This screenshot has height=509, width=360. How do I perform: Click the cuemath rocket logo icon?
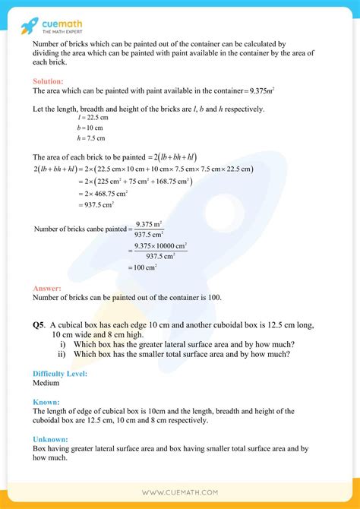click(x=29, y=24)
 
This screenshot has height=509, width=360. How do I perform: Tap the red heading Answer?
click(x=46, y=288)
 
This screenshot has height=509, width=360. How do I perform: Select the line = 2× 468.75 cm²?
click(x=104, y=193)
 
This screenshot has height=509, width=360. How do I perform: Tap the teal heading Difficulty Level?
click(x=60, y=374)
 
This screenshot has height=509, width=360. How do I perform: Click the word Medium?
click(x=46, y=384)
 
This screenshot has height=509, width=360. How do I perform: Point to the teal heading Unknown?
click(x=51, y=438)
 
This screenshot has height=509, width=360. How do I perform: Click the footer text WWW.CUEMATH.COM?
click(x=179, y=493)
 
